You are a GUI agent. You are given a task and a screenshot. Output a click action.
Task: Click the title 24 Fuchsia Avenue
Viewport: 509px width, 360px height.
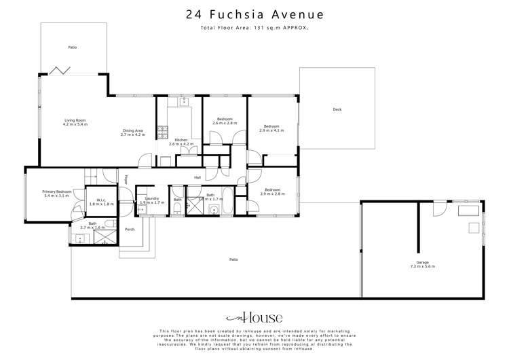pyautogui.click(x=254, y=14)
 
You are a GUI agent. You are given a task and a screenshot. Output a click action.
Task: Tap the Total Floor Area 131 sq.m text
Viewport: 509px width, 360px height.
pyautogui.click(x=254, y=28)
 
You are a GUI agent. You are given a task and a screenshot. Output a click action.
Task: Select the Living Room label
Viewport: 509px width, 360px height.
pyautogui.click(x=75, y=122)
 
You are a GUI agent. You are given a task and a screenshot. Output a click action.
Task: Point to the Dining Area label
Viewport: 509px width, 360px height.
pyautogui.click(x=133, y=132)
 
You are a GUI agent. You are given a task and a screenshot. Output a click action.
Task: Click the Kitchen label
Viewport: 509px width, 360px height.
pyautogui.click(x=181, y=142)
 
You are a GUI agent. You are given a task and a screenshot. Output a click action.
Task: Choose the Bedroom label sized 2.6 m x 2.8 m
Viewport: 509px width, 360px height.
pyautogui.click(x=224, y=121)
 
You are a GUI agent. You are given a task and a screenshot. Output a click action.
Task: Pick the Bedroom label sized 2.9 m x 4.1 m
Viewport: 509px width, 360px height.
pyautogui.click(x=271, y=128)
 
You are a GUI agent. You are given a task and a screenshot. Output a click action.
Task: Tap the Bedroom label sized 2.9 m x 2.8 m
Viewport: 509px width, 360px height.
pyautogui.click(x=271, y=192)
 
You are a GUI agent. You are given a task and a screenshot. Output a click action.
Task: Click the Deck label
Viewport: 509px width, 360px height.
pyautogui.click(x=337, y=110)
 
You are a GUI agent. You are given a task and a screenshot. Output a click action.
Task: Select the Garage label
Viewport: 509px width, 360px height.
pyautogui.click(x=423, y=264)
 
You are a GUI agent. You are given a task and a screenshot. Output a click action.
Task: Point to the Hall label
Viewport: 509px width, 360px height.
pyautogui.click(x=197, y=177)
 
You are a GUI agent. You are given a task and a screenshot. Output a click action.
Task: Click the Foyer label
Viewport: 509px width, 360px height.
pyautogui.click(x=126, y=180)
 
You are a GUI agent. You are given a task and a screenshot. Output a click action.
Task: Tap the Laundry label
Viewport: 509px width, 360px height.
pyautogui.click(x=152, y=200)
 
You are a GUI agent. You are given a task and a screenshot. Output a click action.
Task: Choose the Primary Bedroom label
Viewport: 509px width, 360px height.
pyautogui.click(x=56, y=194)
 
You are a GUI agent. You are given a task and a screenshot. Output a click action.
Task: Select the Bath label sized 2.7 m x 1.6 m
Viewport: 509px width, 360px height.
pyautogui.click(x=92, y=225)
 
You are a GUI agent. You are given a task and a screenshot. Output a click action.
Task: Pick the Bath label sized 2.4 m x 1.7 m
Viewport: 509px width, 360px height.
pyautogui.click(x=210, y=197)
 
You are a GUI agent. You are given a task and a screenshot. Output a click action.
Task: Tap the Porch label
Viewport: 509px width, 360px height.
pyautogui.click(x=130, y=229)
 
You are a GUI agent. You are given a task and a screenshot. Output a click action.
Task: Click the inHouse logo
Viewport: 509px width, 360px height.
pyautogui.click(x=254, y=317)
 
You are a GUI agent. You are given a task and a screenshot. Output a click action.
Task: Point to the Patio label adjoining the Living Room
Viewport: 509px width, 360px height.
pyautogui.click(x=72, y=48)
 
